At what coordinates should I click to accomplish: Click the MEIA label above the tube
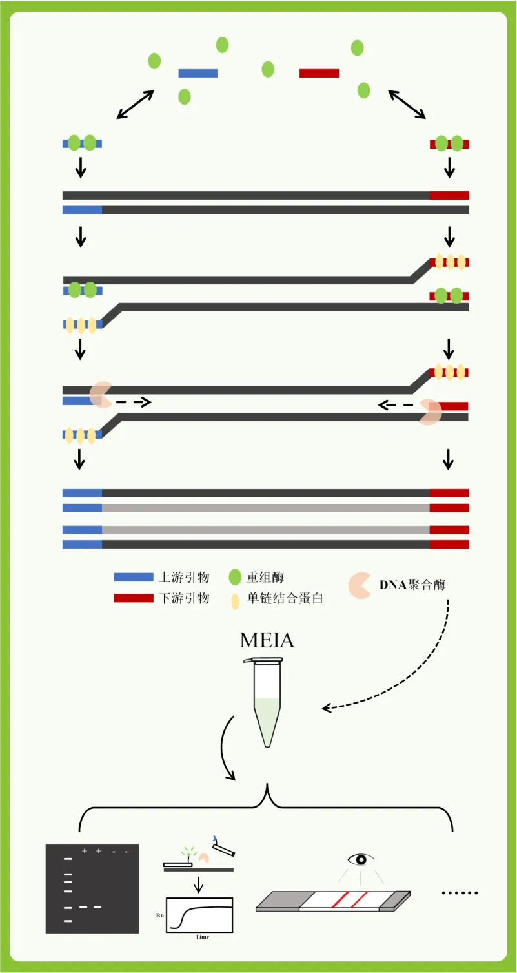(267, 640)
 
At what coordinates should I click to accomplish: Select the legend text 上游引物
(185, 577)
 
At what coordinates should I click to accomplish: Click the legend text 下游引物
(185, 598)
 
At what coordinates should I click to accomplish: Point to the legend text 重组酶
(265, 577)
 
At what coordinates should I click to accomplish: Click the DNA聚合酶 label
(412, 585)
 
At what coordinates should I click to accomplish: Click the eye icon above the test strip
(361, 859)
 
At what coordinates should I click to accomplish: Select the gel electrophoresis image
(92, 888)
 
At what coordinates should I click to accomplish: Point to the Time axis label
(202, 937)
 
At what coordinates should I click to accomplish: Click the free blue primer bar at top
(198, 73)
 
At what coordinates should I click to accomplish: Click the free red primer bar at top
(319, 73)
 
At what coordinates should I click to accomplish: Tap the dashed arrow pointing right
(134, 402)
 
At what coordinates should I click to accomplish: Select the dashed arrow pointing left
(396, 405)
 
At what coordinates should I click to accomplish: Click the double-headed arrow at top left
(135, 104)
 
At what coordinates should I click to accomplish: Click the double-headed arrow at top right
(407, 104)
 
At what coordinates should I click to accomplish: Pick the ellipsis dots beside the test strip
(459, 893)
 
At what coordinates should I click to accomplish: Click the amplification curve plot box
(199, 915)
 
